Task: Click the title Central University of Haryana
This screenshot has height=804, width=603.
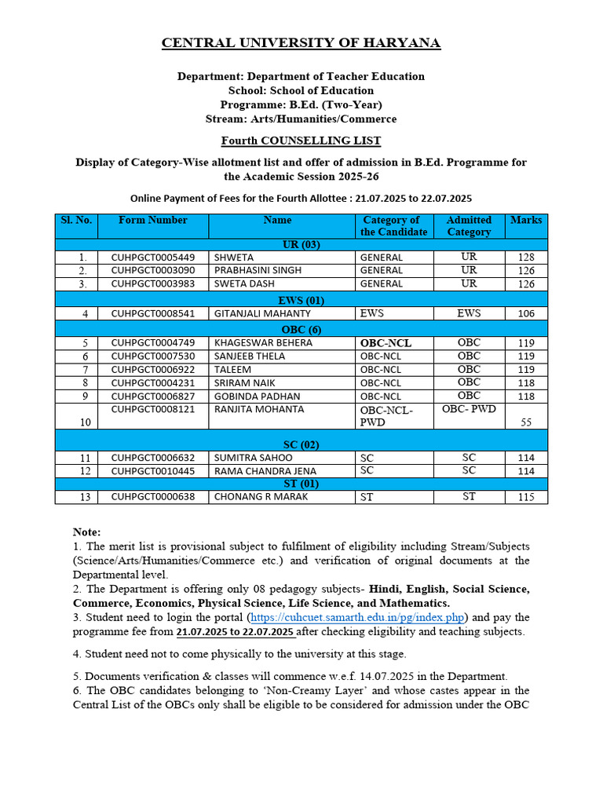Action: click(301, 43)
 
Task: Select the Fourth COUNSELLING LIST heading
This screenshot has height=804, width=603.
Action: click(301, 141)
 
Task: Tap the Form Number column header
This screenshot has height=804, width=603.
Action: click(153, 221)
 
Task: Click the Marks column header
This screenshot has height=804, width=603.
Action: click(526, 221)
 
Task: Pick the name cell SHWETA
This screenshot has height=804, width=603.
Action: click(234, 258)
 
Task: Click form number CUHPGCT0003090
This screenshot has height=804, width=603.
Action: click(153, 271)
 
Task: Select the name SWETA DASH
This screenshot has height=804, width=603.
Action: click(245, 284)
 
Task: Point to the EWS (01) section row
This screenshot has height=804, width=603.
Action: click(301, 300)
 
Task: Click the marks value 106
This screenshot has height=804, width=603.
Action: click(526, 314)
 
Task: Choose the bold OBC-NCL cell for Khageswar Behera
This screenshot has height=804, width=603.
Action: click(386, 343)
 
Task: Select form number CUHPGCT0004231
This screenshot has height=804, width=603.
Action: click(153, 383)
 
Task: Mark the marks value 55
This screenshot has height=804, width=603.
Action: click(526, 422)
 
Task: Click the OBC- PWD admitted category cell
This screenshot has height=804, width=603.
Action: click(469, 409)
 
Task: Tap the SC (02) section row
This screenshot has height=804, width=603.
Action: click(301, 444)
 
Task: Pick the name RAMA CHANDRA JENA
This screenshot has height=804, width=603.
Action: click(265, 471)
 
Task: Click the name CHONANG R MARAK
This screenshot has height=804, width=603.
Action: click(261, 497)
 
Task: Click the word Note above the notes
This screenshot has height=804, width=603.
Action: click(86, 532)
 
